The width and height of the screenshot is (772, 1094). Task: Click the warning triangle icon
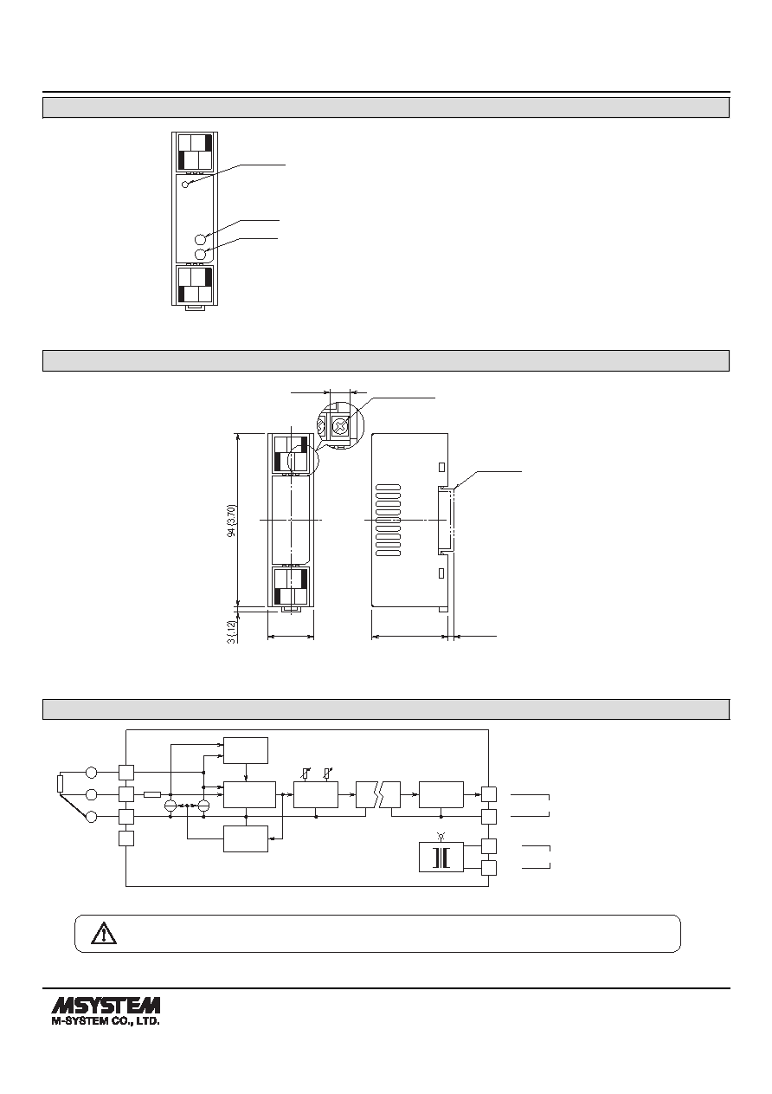(104, 933)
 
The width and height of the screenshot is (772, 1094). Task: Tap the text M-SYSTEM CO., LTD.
(106, 1020)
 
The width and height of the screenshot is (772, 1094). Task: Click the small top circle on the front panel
(185, 184)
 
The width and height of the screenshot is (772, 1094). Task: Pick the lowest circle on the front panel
(200, 255)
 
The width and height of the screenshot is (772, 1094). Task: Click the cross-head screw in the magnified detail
(338, 426)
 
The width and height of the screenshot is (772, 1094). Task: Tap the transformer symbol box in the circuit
(441, 857)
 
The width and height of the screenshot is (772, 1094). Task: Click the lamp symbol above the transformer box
(441, 836)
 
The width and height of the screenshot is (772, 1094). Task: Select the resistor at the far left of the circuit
(61, 784)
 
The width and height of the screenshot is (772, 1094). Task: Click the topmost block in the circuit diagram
(246, 750)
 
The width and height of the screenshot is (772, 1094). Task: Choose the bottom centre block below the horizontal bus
(246, 839)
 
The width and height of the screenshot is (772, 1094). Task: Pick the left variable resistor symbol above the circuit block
(306, 774)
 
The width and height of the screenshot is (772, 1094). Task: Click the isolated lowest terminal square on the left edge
(125, 838)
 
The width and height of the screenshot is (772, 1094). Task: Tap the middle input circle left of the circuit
(91, 794)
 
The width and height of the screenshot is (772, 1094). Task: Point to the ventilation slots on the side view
(389, 521)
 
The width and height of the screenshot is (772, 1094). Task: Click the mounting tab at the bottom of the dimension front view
(291, 609)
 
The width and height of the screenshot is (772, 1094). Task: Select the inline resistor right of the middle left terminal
(152, 794)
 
